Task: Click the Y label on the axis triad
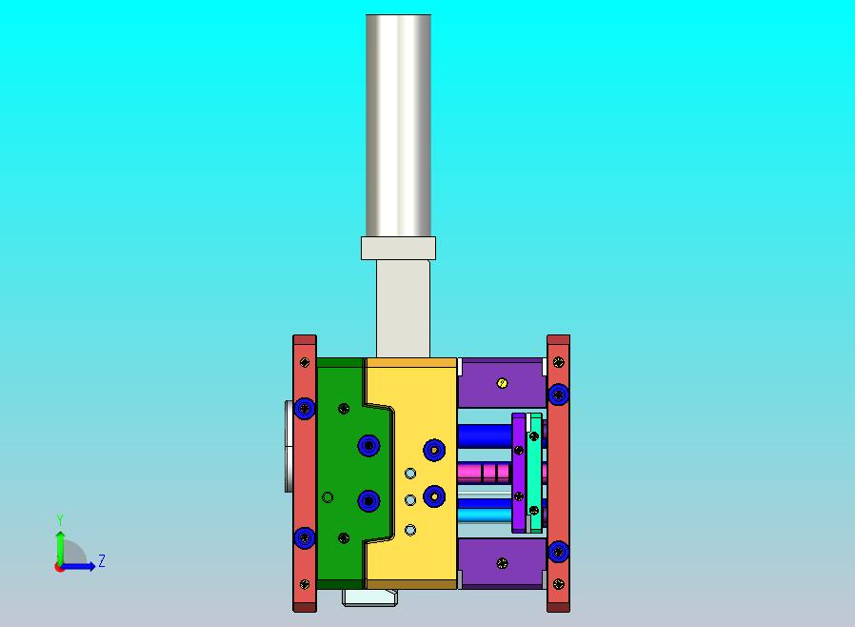coord(60,519)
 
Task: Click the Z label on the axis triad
coord(102,560)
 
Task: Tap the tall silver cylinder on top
coord(398,126)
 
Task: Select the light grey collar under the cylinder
coord(398,249)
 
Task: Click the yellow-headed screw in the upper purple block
coord(502,383)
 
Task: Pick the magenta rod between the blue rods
coord(485,473)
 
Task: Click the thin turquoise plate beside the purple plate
coord(535,473)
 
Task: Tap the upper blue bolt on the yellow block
coord(434,450)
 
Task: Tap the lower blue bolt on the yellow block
coord(434,496)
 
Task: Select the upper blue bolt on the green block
coord(368,445)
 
